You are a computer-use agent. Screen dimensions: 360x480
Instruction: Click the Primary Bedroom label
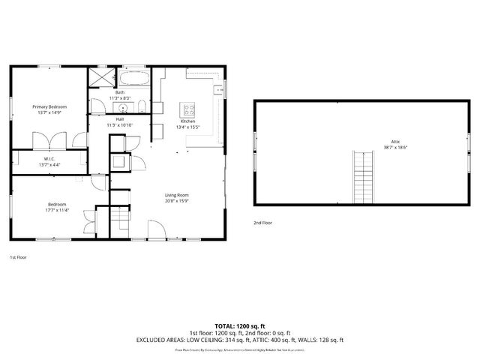[49, 107]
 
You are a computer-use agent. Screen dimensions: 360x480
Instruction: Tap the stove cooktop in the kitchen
[188, 109]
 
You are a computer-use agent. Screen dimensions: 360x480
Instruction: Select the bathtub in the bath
[134, 78]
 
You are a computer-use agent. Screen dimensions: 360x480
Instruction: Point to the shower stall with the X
[99, 78]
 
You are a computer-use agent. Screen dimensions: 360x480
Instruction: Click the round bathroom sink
[124, 106]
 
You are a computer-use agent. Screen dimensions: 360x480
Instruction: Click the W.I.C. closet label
[49, 158]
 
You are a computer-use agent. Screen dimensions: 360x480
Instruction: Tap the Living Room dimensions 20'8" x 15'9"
[177, 200]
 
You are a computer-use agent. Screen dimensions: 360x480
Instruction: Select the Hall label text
[120, 119]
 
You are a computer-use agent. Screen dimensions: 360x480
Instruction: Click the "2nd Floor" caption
[262, 223]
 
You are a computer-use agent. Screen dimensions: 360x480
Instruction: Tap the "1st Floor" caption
[19, 257]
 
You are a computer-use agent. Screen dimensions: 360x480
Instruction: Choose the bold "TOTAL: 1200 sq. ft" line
[240, 325]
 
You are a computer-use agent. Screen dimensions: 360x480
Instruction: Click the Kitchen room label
[187, 121]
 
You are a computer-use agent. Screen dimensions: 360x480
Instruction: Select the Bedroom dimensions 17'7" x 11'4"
[58, 210]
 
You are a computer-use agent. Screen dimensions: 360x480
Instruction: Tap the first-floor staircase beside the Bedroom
[120, 219]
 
